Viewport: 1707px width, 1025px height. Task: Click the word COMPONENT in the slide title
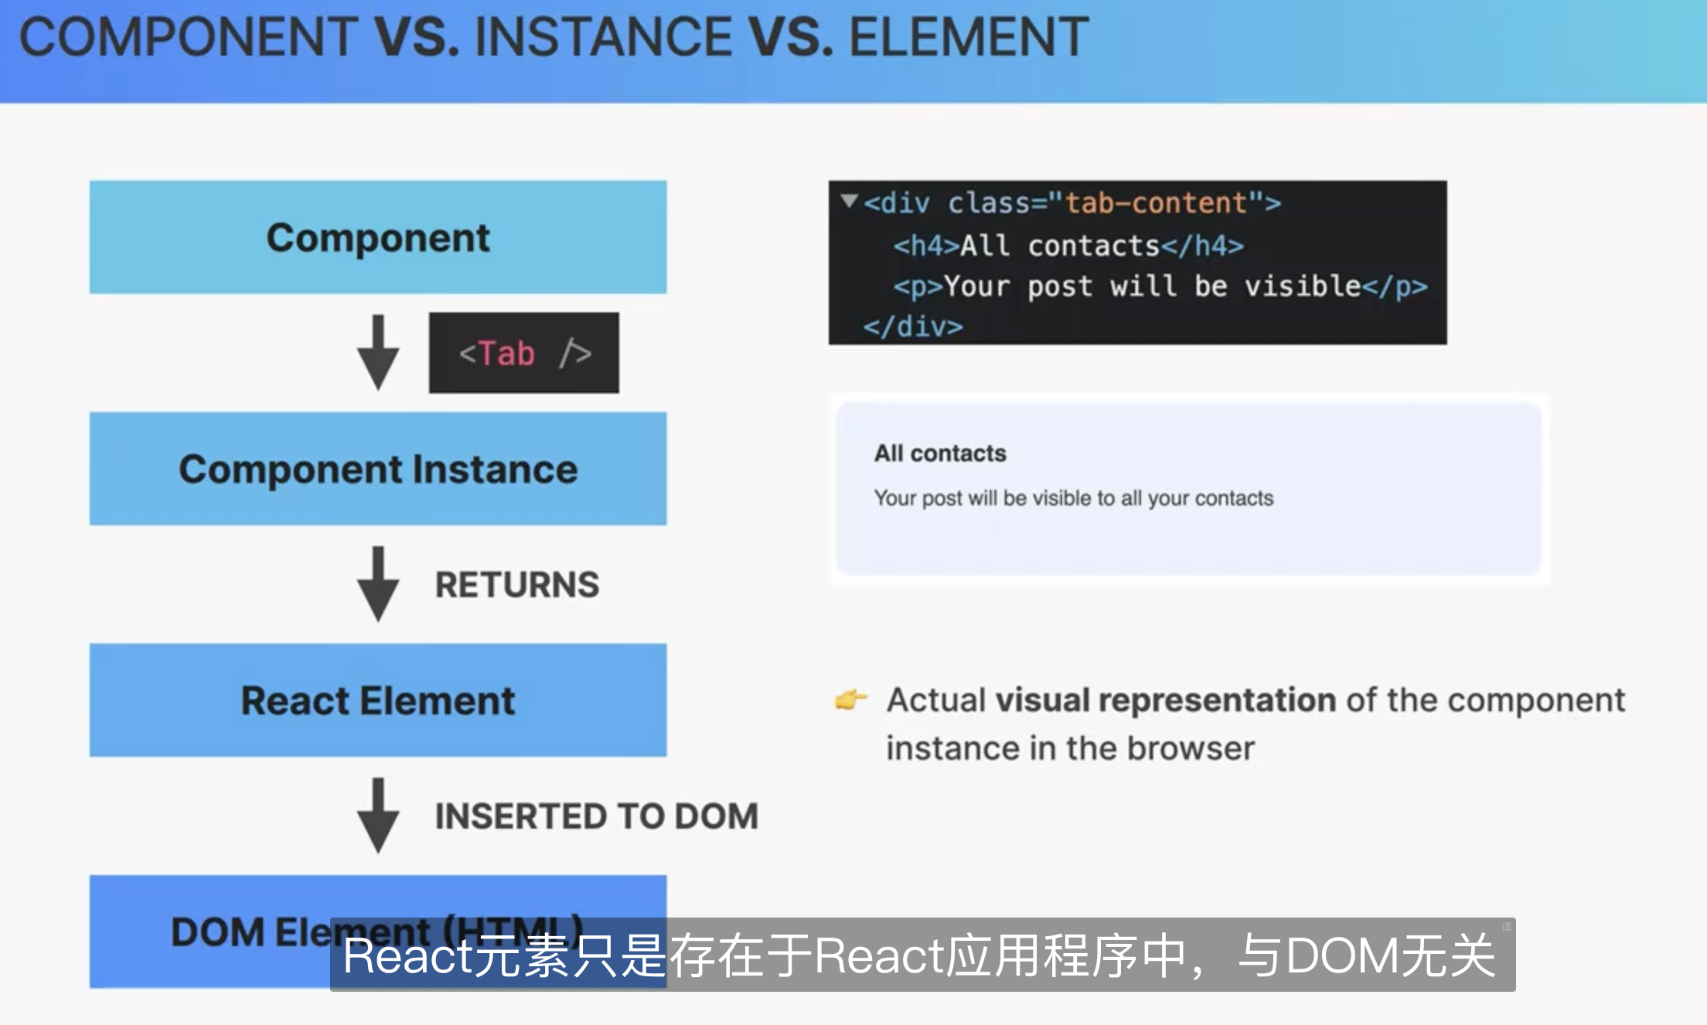pos(188,36)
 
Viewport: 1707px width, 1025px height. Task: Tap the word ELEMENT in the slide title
pos(969,36)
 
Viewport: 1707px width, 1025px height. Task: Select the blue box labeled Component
pos(378,237)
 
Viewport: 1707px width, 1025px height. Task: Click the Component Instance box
pos(378,468)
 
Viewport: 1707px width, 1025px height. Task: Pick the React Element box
pos(378,700)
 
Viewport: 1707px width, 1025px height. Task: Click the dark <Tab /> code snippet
pos(524,353)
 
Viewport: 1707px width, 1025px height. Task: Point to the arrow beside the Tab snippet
pos(378,352)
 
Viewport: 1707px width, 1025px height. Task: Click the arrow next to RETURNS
pos(378,584)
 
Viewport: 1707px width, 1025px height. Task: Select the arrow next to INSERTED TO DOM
pos(378,816)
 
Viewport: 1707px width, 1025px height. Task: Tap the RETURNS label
pos(517,584)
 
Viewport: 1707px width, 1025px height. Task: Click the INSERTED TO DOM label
pos(597,816)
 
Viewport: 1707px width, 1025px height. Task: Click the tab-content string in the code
pos(1157,203)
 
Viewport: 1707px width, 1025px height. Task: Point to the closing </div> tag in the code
pos(913,327)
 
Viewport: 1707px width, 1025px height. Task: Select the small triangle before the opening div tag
pos(850,201)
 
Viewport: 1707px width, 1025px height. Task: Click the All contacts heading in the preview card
pos(940,453)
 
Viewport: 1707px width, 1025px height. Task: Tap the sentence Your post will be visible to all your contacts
pos(1074,499)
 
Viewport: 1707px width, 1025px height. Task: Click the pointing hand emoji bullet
pos(851,699)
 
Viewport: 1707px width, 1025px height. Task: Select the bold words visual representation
pos(1166,700)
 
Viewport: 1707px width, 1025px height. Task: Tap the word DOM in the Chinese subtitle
pos(1343,955)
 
